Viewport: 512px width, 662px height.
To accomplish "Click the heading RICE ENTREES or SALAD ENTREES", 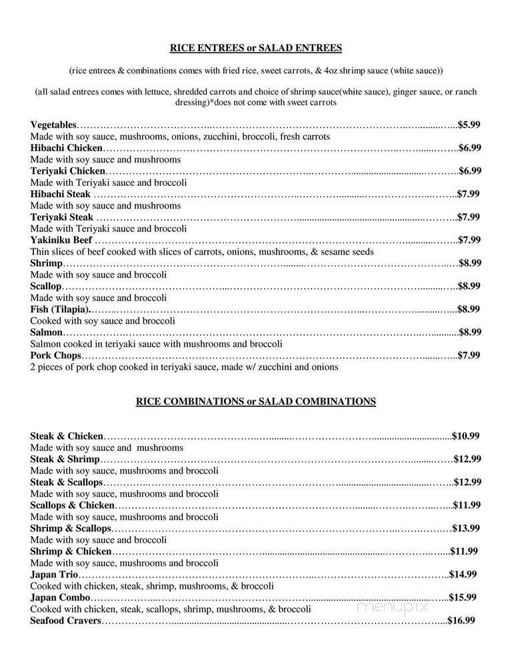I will (x=255, y=47).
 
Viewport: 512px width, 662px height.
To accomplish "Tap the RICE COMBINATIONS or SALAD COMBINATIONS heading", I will (x=255, y=401).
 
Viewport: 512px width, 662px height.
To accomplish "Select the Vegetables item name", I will (x=54, y=125).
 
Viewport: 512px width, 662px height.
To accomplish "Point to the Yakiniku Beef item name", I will (x=62, y=240).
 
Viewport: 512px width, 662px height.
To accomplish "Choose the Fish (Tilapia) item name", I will (x=59, y=309).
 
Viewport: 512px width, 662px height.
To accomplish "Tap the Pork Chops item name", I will (x=55, y=355).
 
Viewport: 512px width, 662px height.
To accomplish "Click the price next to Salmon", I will (x=469, y=332).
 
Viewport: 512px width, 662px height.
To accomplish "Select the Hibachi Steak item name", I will (x=61, y=194).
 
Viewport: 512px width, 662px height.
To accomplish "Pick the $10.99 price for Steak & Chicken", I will (x=465, y=436).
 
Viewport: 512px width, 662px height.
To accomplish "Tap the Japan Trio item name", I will (x=55, y=574).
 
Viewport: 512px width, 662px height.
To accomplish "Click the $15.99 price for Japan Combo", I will (x=463, y=597).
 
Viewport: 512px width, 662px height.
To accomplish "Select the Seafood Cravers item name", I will (x=65, y=621).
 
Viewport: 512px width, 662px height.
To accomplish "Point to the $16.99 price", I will (x=461, y=621).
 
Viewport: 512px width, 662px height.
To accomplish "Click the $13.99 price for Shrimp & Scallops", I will (x=466, y=528).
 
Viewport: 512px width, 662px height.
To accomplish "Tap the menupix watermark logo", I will (x=393, y=607).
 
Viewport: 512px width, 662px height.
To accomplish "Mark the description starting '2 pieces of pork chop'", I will (x=184, y=367).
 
